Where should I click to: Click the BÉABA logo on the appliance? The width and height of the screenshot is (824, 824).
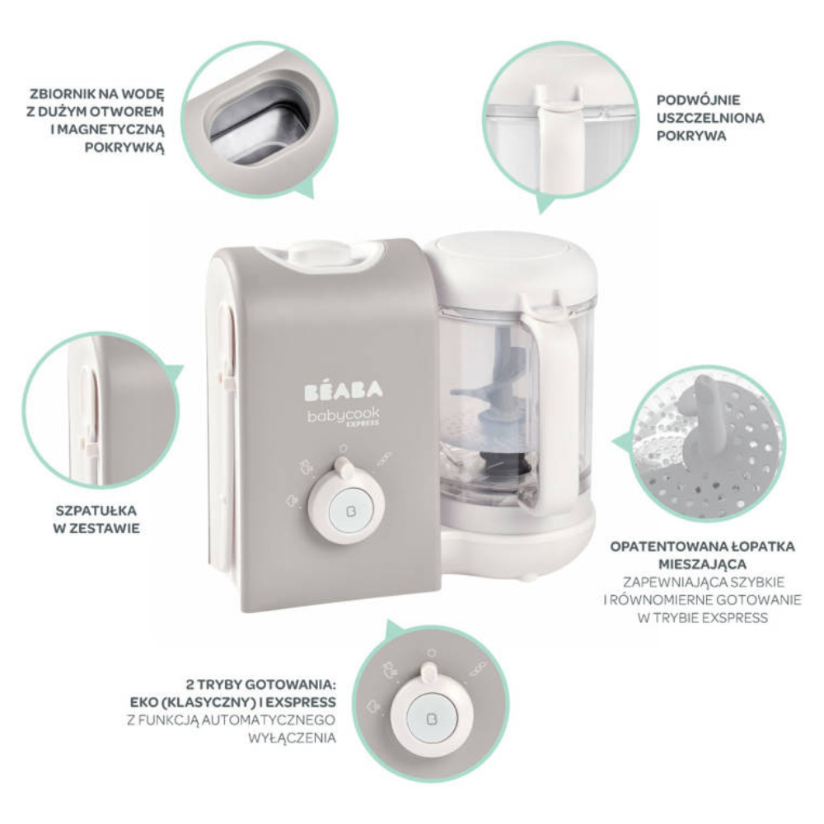[344, 391]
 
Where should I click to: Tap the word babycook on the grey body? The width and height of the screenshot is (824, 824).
[343, 416]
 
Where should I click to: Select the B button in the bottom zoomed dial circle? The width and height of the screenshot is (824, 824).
[433, 719]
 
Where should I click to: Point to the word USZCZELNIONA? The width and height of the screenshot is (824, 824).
[710, 118]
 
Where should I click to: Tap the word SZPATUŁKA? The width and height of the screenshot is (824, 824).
[96, 511]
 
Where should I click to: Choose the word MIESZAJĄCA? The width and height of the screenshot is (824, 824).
[703, 564]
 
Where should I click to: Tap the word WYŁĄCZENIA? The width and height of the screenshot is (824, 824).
[293, 737]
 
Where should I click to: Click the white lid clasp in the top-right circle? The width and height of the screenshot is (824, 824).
[558, 132]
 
